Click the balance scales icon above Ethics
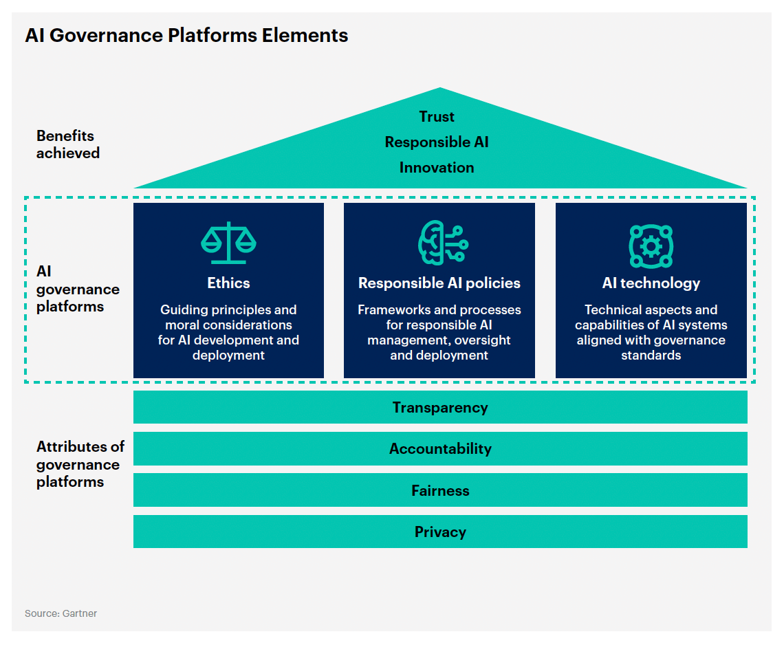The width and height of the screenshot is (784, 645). [228, 243]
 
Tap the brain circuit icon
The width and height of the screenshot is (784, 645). [443, 243]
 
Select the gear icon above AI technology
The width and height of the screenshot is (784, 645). [651, 246]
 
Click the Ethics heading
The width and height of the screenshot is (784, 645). [228, 283]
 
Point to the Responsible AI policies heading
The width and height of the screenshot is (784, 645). [439, 283]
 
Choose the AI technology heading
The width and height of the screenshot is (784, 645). [651, 283]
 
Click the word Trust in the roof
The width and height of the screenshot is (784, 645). [437, 116]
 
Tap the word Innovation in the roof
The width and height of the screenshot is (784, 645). [437, 168]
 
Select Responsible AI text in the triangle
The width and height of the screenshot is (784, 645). [437, 142]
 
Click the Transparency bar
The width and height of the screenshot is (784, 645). [440, 407]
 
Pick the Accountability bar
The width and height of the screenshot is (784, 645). [440, 448]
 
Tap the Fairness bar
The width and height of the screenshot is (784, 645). [440, 490]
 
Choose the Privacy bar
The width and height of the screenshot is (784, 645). [440, 532]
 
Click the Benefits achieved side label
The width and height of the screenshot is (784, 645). [68, 144]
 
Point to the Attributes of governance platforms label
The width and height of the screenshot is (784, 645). [80, 464]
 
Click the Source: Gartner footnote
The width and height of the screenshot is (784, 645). [61, 613]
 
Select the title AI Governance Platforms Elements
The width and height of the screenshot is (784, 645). [186, 36]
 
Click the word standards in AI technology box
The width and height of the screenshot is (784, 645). [651, 356]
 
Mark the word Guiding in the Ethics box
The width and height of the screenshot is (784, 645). [177, 310]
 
